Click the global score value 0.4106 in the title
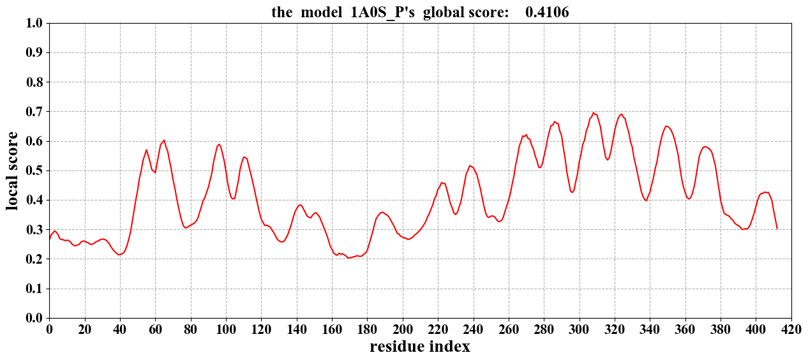point(547,12)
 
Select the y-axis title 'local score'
point(12,170)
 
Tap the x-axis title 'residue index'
point(420,347)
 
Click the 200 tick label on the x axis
point(403,329)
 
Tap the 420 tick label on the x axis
point(791,329)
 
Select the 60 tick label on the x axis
point(155,329)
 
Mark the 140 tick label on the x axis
point(297,329)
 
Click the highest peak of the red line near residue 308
point(594,113)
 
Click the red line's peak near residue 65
point(164,140)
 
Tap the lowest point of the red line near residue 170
point(348,258)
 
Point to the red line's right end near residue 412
point(777,229)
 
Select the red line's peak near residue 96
point(219,144)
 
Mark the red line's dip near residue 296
point(572,192)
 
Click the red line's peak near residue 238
point(470,166)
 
